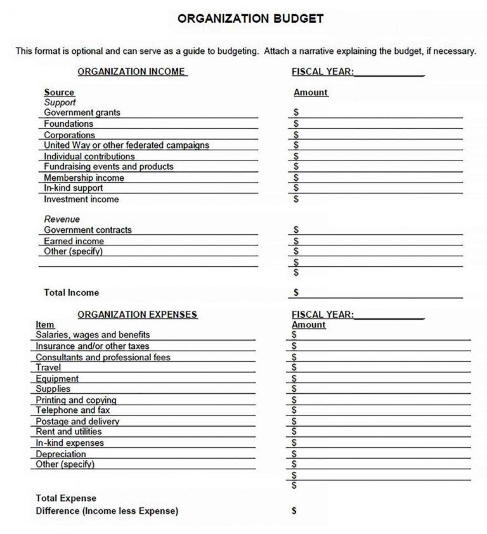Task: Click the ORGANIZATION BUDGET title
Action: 250,19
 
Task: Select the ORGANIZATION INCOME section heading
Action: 131,72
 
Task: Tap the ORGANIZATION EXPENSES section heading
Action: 137,315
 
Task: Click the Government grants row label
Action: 82,113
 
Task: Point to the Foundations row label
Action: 68,124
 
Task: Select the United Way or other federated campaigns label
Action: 126,145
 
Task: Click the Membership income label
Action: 84,178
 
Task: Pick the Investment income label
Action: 81,199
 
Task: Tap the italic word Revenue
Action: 62,219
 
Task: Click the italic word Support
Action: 60,102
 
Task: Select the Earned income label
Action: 74,241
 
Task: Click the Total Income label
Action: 71,293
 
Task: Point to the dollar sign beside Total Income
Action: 296,293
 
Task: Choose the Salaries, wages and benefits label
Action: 93,335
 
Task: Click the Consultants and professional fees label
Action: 103,357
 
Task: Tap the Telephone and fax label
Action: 72,410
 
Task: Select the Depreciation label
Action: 61,454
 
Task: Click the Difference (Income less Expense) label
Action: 107,511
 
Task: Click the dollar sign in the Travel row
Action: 294,368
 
